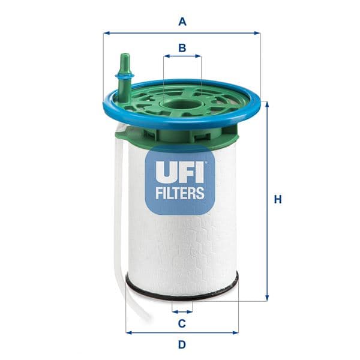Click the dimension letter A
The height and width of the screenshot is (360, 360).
pyautogui.click(x=182, y=22)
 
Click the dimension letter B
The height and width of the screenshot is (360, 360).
pyautogui.click(x=182, y=47)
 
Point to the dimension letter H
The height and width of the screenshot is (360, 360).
pyautogui.click(x=277, y=200)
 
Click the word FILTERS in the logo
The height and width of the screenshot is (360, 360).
pyautogui.click(x=180, y=194)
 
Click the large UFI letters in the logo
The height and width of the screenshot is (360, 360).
pyautogui.click(x=180, y=172)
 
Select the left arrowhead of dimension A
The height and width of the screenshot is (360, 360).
pyautogui.click(x=106, y=33)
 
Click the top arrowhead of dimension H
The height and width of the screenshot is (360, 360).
pyautogui.click(x=267, y=104)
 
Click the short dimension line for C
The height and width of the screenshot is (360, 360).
pyautogui.click(x=182, y=311)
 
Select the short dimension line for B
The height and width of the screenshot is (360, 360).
pyautogui.click(x=182, y=57)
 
